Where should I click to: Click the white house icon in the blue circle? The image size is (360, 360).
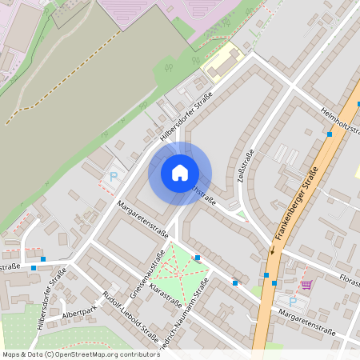(x=180, y=173)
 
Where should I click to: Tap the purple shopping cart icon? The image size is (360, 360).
(x=306, y=284)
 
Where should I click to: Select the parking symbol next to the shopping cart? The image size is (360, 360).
(x=293, y=302)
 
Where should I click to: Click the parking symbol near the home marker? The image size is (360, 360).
(x=114, y=176)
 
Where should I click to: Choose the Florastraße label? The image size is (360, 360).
(x=347, y=282)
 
